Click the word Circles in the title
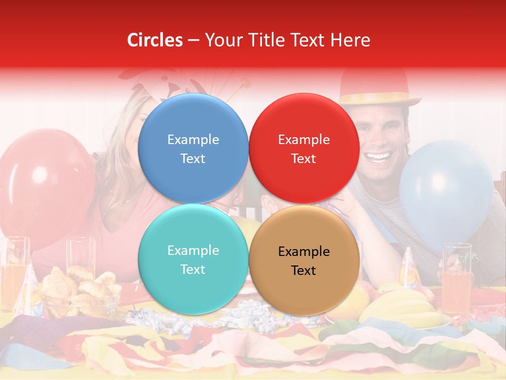click(x=154, y=40)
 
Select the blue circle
click(x=193, y=149)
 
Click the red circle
click(x=304, y=149)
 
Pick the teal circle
click(x=193, y=260)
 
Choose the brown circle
click(x=304, y=260)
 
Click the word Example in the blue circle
click(x=193, y=139)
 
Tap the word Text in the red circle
click(x=304, y=158)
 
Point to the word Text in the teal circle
click(x=193, y=269)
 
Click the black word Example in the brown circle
click(x=304, y=251)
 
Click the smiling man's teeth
click(x=380, y=156)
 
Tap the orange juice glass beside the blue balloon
click(x=456, y=280)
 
